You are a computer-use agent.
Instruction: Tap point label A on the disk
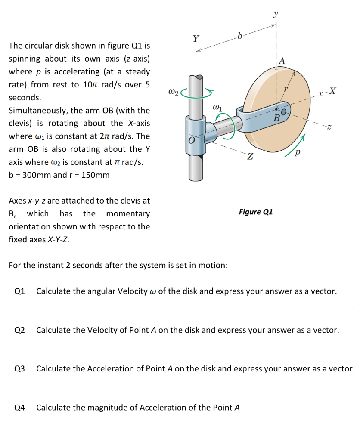coord(282,61)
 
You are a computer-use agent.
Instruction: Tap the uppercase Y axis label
coord(196,39)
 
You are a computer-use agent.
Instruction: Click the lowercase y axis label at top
coord(276,14)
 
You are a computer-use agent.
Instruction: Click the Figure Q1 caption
coord(256,212)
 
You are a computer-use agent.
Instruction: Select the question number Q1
coord(19,291)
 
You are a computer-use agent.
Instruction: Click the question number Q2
coord(19,330)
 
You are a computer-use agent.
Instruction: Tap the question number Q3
coord(19,369)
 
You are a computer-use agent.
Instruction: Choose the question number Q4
coord(19,408)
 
